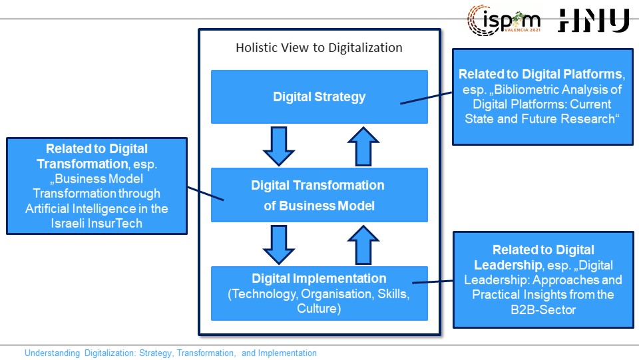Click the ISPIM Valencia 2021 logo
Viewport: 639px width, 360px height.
504,21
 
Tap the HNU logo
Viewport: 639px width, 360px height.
594,21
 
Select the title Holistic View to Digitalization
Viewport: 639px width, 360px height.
319,48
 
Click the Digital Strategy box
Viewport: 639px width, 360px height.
319,96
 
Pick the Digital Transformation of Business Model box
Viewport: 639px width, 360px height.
319,195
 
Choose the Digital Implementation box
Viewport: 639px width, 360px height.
319,293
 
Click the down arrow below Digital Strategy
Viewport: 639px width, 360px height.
279,146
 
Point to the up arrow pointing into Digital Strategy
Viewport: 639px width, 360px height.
363,146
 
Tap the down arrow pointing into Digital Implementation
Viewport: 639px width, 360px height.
279,245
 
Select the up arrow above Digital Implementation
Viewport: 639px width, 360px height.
363,245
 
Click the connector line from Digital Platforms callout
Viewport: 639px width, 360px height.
426,98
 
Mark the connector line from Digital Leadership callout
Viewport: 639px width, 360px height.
433,281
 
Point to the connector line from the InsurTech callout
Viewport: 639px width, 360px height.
206,194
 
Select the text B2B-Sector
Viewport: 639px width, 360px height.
543,309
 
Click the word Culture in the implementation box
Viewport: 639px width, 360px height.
317,308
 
